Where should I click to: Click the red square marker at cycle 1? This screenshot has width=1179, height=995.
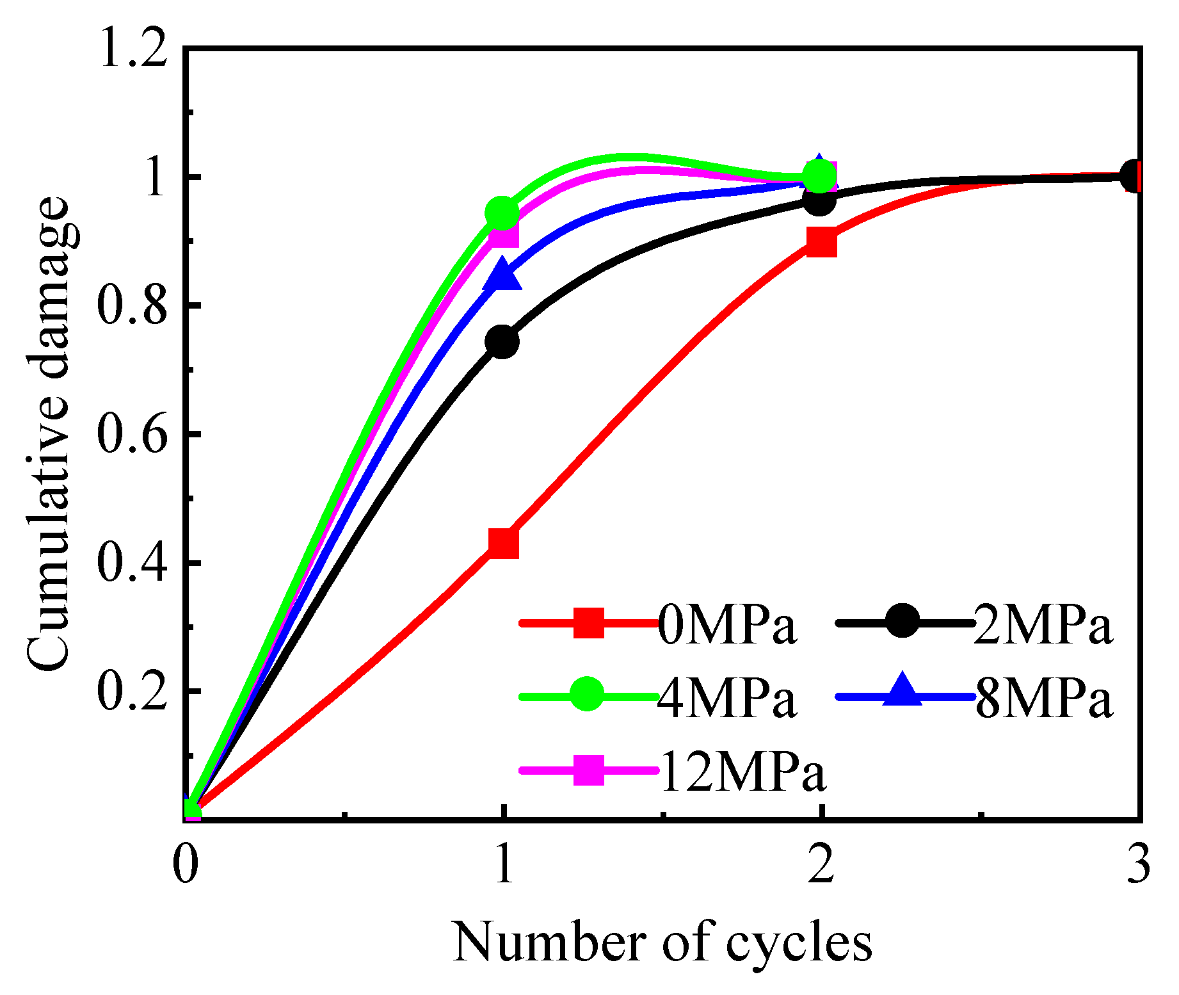(503, 543)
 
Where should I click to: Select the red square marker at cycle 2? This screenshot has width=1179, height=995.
(821, 242)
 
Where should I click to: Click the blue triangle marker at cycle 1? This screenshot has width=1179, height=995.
(503, 275)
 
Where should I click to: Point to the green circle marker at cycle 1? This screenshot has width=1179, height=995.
(502, 213)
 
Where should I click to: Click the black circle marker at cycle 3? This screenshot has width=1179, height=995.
(1134, 176)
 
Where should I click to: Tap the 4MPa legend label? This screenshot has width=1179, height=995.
(726, 699)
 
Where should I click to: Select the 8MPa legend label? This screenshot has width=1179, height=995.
(1043, 699)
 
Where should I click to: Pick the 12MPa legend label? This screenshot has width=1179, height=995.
(742, 772)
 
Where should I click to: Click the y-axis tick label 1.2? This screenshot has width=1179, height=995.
(134, 50)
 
